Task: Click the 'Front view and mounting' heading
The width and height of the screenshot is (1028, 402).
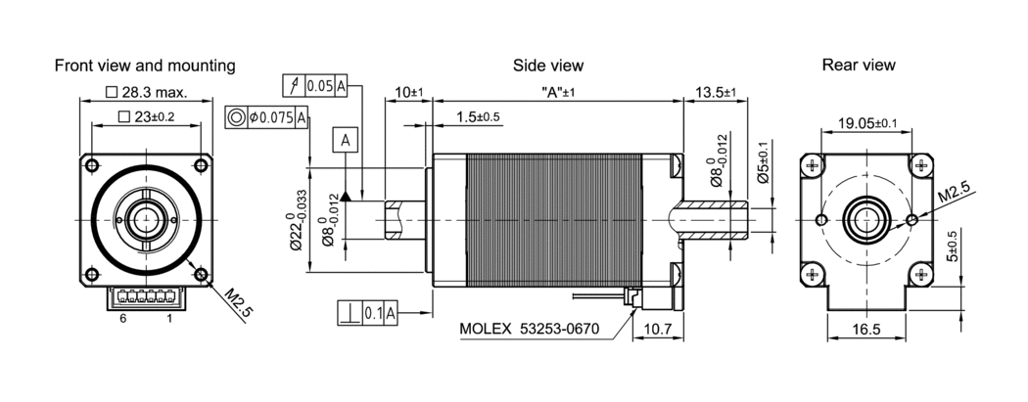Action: (145, 66)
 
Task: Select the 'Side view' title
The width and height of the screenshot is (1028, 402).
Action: (548, 66)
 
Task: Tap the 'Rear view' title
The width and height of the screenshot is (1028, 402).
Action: (859, 66)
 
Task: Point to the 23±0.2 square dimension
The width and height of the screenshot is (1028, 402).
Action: (146, 117)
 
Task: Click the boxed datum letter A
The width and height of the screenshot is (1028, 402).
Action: (347, 140)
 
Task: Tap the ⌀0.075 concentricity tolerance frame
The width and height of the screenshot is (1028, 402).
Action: (267, 117)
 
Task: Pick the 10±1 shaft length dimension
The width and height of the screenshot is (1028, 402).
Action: (407, 93)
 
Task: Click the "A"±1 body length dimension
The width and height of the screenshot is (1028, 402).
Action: (557, 93)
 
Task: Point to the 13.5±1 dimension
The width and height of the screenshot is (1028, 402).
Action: (715, 93)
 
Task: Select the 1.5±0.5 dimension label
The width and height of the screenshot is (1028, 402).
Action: (478, 117)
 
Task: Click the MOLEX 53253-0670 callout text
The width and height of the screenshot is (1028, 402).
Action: (529, 328)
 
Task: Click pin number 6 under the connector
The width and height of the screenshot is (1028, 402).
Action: (123, 319)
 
